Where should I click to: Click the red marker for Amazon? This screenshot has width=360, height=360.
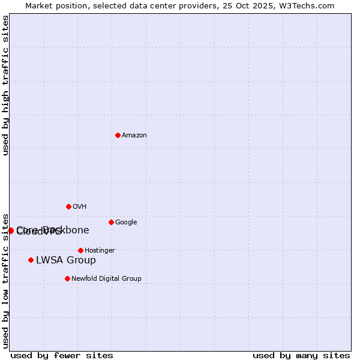[118, 135]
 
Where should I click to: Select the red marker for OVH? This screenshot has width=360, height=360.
[68, 206]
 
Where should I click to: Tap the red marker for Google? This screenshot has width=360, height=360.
[111, 222]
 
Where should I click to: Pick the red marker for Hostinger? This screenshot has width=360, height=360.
[80, 250]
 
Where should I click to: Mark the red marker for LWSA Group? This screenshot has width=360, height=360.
[31, 260]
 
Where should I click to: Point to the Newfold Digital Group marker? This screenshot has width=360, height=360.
[67, 278]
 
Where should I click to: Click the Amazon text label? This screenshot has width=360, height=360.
[134, 136]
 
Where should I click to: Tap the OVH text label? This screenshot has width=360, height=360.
[80, 207]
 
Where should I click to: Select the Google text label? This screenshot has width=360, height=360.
[126, 223]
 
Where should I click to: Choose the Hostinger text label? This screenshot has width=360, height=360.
[100, 251]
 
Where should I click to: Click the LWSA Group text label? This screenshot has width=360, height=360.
[66, 260]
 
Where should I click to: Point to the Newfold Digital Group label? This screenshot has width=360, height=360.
[106, 279]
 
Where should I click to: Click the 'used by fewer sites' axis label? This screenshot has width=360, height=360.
[62, 355]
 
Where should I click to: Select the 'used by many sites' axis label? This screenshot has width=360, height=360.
[301, 355]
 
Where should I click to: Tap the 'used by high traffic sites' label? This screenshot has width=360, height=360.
[5, 85]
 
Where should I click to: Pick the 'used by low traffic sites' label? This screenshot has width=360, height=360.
[5, 281]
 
